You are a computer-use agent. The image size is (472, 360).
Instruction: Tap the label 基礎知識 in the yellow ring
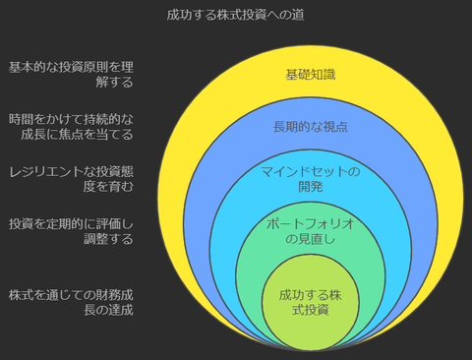311,74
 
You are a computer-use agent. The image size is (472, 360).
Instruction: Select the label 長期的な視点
311,127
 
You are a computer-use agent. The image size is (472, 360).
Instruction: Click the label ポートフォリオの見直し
311,231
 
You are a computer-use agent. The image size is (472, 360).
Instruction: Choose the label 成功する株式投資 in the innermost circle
311,302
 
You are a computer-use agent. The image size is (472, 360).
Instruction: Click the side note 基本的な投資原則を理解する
71,75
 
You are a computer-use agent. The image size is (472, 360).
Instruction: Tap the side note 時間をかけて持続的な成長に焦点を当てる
71,126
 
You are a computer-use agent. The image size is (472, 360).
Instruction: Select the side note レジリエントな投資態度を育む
71,178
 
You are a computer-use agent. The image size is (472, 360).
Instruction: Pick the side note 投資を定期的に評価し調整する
71,230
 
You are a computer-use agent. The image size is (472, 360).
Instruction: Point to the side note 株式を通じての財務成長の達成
71,302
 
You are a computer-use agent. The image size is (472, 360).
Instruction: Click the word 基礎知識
311,74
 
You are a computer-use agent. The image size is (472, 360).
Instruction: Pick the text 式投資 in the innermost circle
311,310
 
